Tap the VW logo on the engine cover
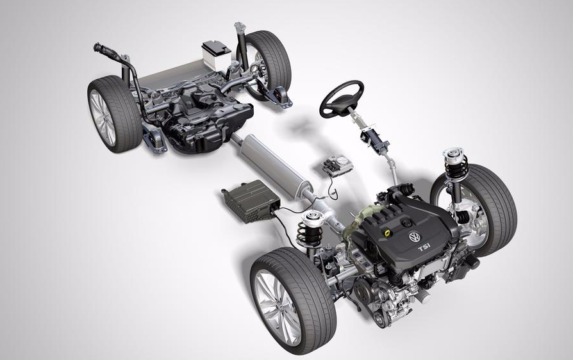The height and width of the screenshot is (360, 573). [x=415, y=236]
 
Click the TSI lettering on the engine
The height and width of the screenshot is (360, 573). [x=425, y=248]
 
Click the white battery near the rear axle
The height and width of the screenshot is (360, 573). [x=217, y=54]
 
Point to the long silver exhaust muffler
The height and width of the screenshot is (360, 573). [x=273, y=165]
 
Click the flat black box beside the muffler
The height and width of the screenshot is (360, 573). [x=251, y=200]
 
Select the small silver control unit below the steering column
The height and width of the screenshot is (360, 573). [x=337, y=167]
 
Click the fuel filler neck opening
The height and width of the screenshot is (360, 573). [x=97, y=47]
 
